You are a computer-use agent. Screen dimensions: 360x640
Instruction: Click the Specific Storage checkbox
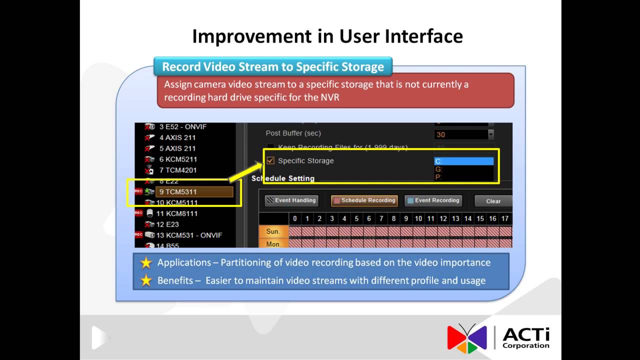coord(270,161)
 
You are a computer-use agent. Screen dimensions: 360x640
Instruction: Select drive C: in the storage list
coord(463,161)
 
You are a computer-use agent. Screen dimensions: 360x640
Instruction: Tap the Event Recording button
coord(432,200)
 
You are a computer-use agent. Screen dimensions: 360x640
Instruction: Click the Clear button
coord(492,201)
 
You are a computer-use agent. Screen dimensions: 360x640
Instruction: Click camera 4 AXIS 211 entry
coord(177,137)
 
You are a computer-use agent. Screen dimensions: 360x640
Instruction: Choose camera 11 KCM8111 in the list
coord(176,213)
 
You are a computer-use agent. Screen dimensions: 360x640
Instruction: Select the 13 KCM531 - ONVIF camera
coord(189,235)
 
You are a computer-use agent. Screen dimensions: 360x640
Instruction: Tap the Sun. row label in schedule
coord(273,231)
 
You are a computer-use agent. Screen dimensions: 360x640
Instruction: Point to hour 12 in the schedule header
coord(443,218)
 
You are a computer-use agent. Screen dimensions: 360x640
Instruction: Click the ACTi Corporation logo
coord(498,338)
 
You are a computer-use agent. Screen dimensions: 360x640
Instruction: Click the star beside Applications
coord(145,263)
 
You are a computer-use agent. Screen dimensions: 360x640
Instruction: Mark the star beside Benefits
coord(145,280)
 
